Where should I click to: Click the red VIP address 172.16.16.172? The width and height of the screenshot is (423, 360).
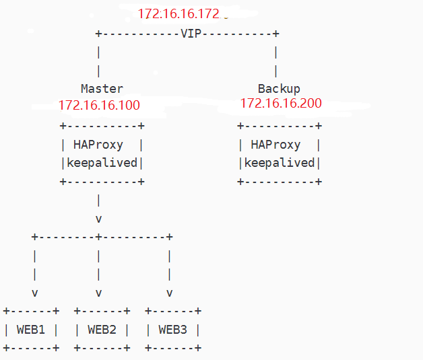point(178,13)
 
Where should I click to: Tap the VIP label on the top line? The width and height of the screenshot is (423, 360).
point(191,34)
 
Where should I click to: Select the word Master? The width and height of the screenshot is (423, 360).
point(102,88)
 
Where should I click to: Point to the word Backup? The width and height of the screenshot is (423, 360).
point(279,88)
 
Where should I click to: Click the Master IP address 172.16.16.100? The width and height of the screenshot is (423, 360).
point(99,105)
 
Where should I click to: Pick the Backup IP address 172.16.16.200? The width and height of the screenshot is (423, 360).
point(281,104)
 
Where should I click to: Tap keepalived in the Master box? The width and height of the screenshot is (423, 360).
point(102,163)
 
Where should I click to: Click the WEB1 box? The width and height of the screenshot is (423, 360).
point(31,330)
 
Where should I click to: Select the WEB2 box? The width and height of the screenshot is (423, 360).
point(102,330)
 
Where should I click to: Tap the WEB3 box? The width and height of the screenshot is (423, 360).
point(172,330)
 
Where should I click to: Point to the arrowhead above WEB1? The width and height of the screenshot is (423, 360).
point(34,293)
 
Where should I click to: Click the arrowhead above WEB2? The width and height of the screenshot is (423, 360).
point(98,293)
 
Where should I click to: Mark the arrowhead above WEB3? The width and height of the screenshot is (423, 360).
point(169,293)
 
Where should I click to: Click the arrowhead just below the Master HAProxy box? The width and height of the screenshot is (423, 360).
point(98,219)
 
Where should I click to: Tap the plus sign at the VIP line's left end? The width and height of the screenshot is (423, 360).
point(98,34)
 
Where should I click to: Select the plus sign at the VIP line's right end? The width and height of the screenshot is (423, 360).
point(275,34)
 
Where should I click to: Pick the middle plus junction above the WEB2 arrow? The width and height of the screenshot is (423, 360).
point(98,237)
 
